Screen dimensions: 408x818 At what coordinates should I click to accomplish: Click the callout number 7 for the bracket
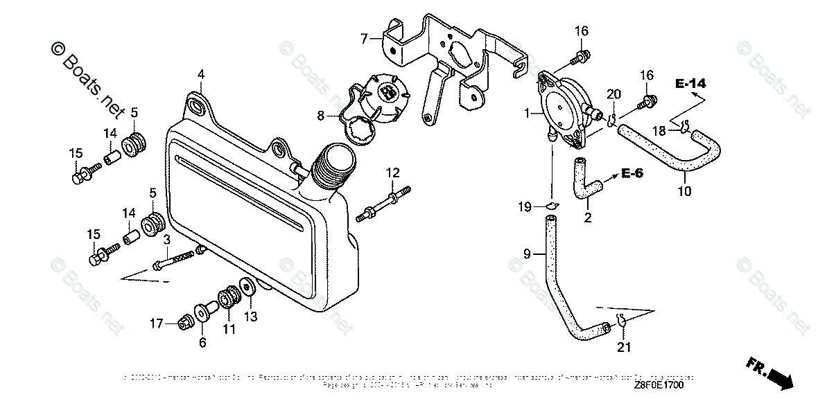coord(364,38)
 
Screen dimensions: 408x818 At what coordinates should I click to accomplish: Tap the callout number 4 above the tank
coord(200,74)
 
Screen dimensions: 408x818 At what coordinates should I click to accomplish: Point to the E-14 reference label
coord(690,84)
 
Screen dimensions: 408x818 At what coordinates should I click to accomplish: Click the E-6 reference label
coord(632,172)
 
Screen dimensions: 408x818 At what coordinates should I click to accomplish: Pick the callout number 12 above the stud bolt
coord(393,172)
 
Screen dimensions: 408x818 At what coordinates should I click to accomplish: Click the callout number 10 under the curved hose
coord(684,191)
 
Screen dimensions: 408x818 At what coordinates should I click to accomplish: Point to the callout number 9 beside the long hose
coord(527,254)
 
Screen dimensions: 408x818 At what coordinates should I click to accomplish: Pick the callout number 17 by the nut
coord(157,322)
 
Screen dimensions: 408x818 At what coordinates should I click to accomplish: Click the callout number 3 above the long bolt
coord(166,240)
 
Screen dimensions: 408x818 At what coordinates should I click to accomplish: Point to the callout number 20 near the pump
coord(613,94)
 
